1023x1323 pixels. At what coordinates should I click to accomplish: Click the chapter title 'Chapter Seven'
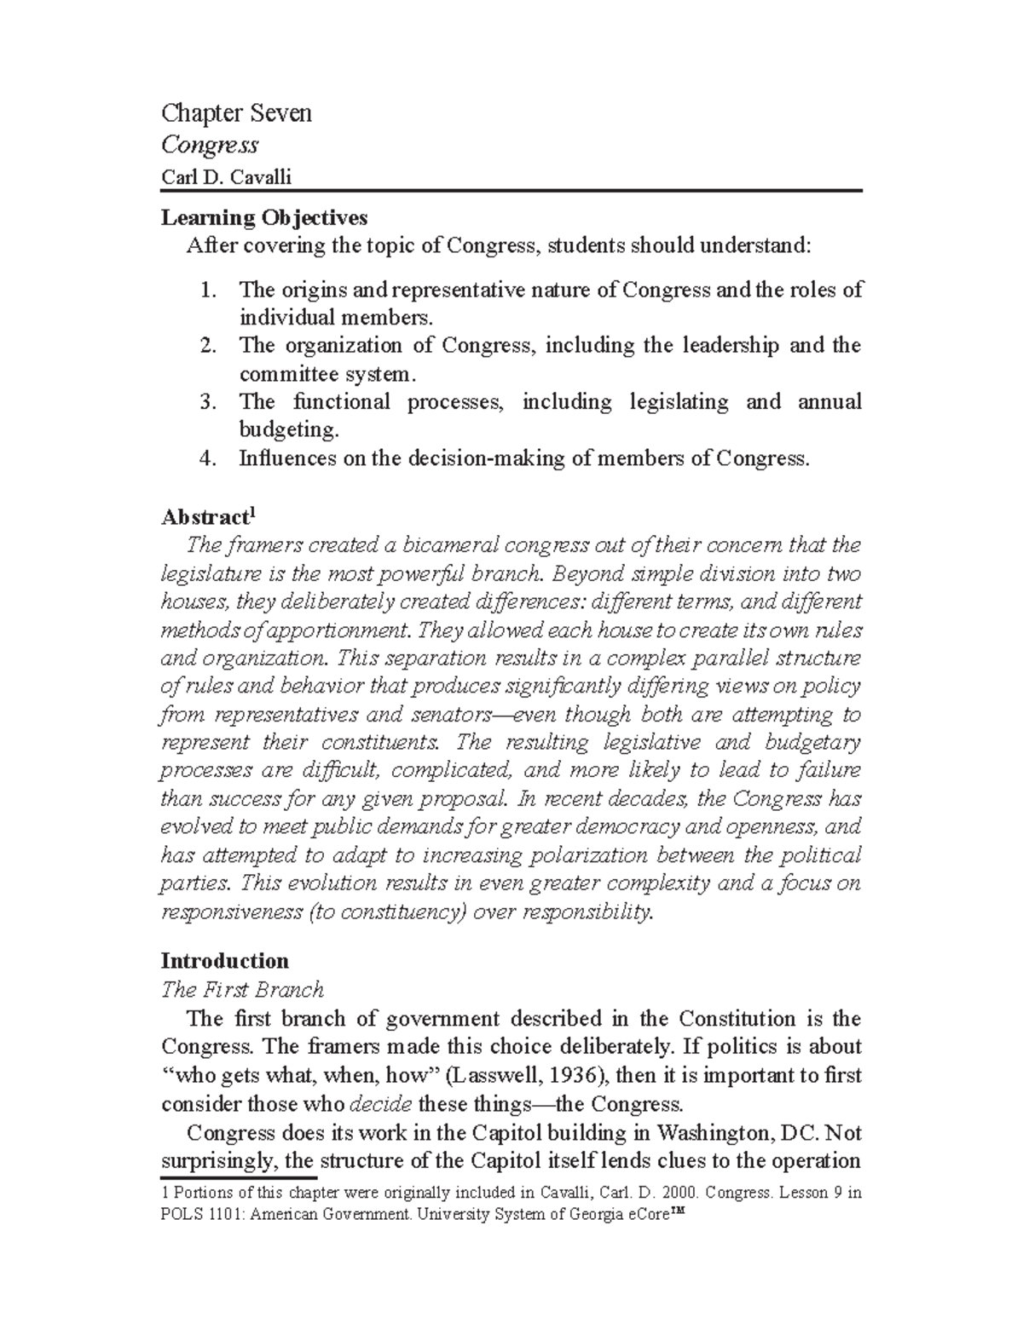pos(236,113)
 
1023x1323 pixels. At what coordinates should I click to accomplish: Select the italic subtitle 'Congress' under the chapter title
pos(210,145)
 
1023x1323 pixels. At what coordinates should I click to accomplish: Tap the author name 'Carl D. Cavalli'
pos(226,177)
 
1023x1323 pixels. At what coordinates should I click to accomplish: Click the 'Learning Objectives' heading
pos(264,218)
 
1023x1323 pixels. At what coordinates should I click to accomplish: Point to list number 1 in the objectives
pos(207,290)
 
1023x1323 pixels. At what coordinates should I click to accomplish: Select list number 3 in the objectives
pos(207,402)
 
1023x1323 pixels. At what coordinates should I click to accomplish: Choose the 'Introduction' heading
pos(225,961)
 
